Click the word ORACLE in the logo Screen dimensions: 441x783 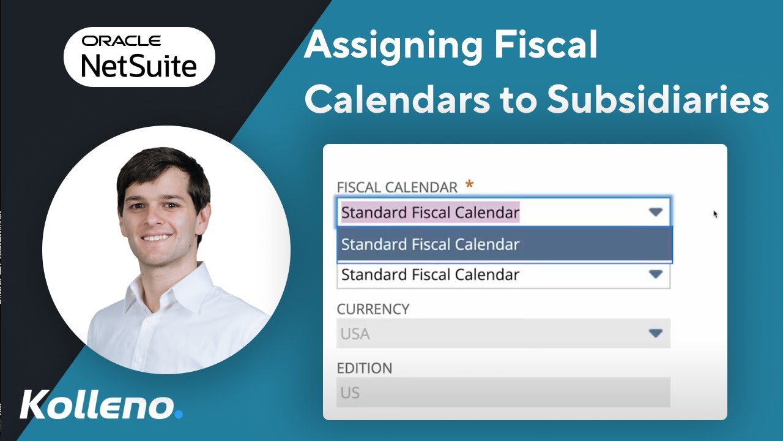[122, 41]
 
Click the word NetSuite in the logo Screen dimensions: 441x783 [139, 64]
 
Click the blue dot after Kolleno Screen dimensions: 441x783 [179, 414]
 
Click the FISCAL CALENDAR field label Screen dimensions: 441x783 [397, 187]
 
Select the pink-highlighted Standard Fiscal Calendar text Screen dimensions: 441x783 [430, 213]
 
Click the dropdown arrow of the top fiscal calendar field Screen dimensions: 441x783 [656, 212]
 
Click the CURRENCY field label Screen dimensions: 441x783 [373, 309]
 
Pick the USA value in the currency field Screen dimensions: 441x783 [355, 334]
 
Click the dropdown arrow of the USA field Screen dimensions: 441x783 [656, 334]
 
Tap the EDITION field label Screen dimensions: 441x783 [365, 368]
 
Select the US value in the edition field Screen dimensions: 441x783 [350, 393]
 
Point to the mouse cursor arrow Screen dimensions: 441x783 [715, 214]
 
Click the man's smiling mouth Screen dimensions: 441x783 [157, 236]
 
